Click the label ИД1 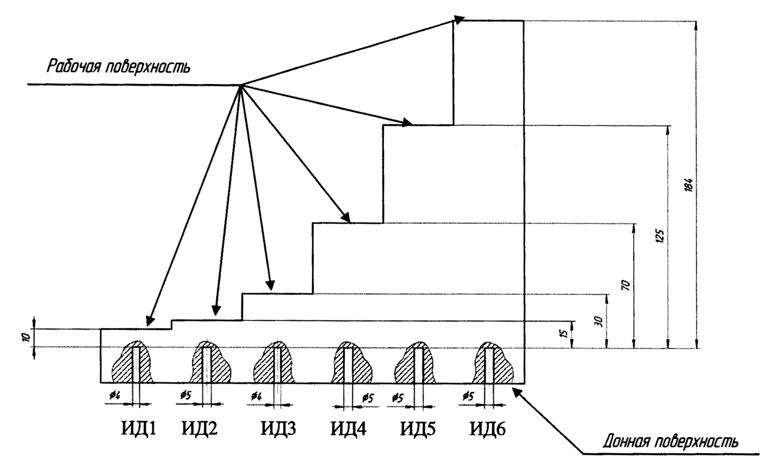tap(138, 429)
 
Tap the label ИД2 tap(200, 429)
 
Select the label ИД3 tap(278, 429)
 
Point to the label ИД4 tap(348, 429)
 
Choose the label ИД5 tap(418, 429)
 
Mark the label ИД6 tap(488, 429)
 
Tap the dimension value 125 tap(660, 236)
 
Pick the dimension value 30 tap(599, 322)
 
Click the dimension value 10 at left tap(26, 337)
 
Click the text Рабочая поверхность tap(118, 67)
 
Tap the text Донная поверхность tap(670, 442)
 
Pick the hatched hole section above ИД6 tap(493, 363)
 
